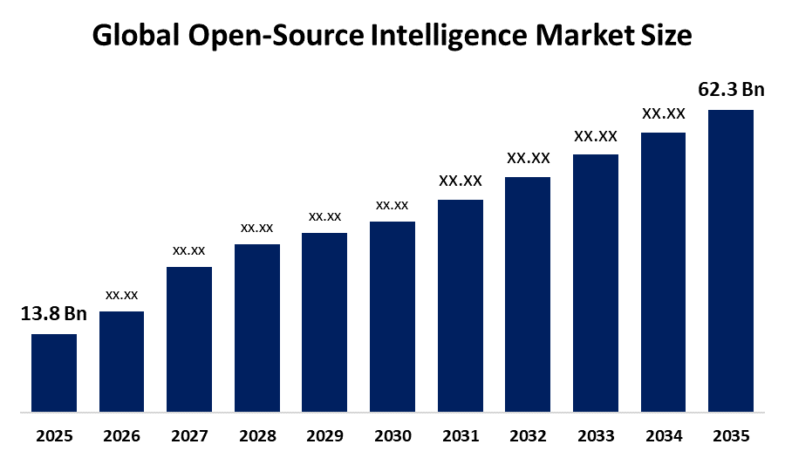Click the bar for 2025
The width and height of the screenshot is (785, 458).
pyautogui.click(x=54, y=373)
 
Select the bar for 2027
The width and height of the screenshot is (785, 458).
pyautogui.click(x=189, y=338)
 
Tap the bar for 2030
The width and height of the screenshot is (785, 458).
pyautogui.click(x=392, y=316)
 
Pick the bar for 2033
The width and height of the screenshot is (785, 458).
pyautogui.click(x=595, y=283)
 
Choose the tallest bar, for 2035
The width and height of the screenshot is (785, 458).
pyautogui.click(x=730, y=260)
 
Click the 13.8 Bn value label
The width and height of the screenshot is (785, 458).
pyautogui.click(x=54, y=315)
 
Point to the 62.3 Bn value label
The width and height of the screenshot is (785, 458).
pyautogui.click(x=731, y=90)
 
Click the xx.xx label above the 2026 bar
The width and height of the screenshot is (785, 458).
pyautogui.click(x=122, y=295)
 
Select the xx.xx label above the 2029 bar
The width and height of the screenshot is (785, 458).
pyautogui.click(x=324, y=216)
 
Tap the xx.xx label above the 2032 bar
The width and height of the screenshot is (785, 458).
pyautogui.click(x=528, y=159)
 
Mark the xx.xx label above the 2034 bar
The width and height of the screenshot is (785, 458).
pyautogui.click(x=663, y=113)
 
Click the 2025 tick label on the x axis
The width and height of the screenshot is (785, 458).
pyautogui.click(x=54, y=435)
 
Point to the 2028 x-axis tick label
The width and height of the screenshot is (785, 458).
pyautogui.click(x=257, y=435)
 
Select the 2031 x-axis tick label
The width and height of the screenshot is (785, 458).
pyautogui.click(x=460, y=435)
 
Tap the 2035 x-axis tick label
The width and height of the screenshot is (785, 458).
pyautogui.click(x=730, y=435)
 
